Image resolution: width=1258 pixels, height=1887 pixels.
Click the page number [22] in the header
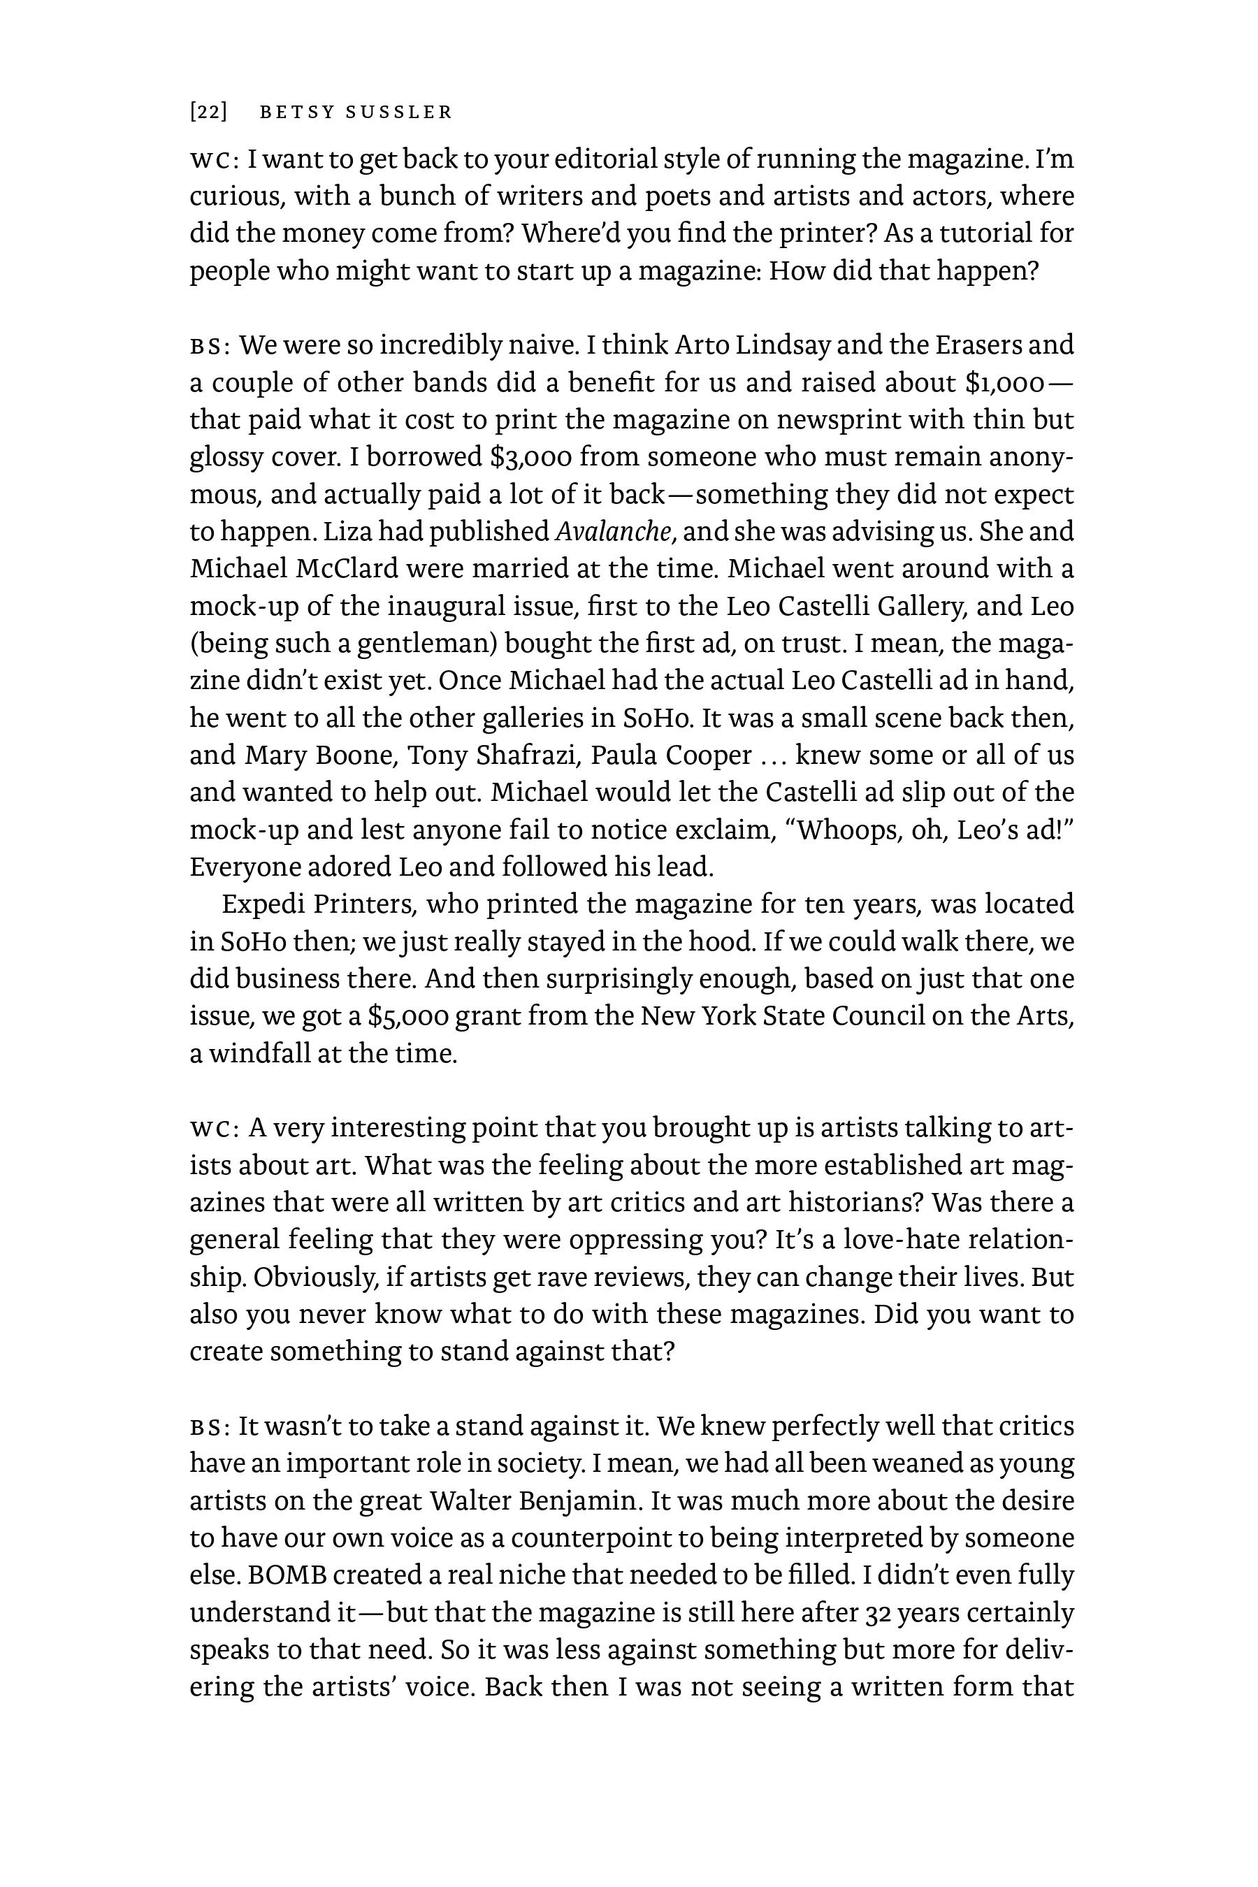pyautogui.click(x=208, y=113)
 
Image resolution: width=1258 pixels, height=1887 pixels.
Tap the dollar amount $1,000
pyautogui.click(x=1006, y=384)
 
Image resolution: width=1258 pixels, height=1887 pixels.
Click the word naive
pyautogui.click(x=542, y=346)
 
